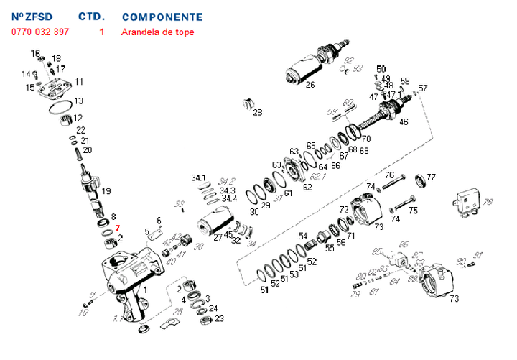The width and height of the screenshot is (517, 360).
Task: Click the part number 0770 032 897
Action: pyautogui.click(x=40, y=32)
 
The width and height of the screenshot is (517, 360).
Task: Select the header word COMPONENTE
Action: pyautogui.click(x=162, y=17)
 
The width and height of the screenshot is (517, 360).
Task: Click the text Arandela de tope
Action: pyautogui.click(x=157, y=32)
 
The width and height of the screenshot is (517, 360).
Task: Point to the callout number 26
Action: pyautogui.click(x=310, y=85)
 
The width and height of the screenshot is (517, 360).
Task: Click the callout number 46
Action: pyautogui.click(x=404, y=121)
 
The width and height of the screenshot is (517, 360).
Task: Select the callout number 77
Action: pyautogui.click(x=432, y=177)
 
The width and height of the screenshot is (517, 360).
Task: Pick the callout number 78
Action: pyautogui.click(x=488, y=202)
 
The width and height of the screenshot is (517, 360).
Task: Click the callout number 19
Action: pyautogui.click(x=106, y=191)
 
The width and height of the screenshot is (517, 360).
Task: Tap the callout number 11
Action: pyautogui.click(x=79, y=82)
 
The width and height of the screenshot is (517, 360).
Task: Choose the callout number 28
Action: pyautogui.click(x=258, y=112)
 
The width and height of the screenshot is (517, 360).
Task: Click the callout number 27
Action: pyautogui.click(x=217, y=237)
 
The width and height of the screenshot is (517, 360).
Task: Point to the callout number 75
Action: pyautogui.click(x=412, y=211)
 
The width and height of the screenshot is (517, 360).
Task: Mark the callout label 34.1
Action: pyautogui.click(x=199, y=177)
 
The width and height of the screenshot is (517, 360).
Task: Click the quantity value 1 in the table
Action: pyautogui.click(x=102, y=32)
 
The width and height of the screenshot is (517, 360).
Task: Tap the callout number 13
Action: pyautogui.click(x=79, y=101)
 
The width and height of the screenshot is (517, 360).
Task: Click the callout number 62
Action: pyautogui.click(x=307, y=188)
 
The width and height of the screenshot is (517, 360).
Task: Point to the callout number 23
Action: pyautogui.click(x=220, y=318)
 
